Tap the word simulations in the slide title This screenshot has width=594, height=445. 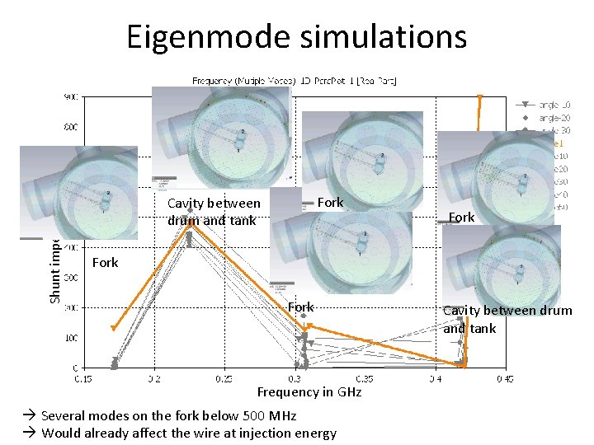point(379,36)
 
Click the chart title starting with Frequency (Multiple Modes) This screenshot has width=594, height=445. point(294,80)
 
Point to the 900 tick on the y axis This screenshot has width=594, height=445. point(73,97)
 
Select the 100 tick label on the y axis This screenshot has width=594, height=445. point(73,338)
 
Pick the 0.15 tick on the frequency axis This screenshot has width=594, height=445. point(83,379)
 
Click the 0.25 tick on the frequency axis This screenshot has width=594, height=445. point(224,379)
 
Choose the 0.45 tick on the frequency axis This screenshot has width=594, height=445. point(504,379)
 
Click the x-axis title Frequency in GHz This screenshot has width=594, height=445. point(309,392)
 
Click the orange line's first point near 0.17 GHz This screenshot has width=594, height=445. point(113,329)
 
